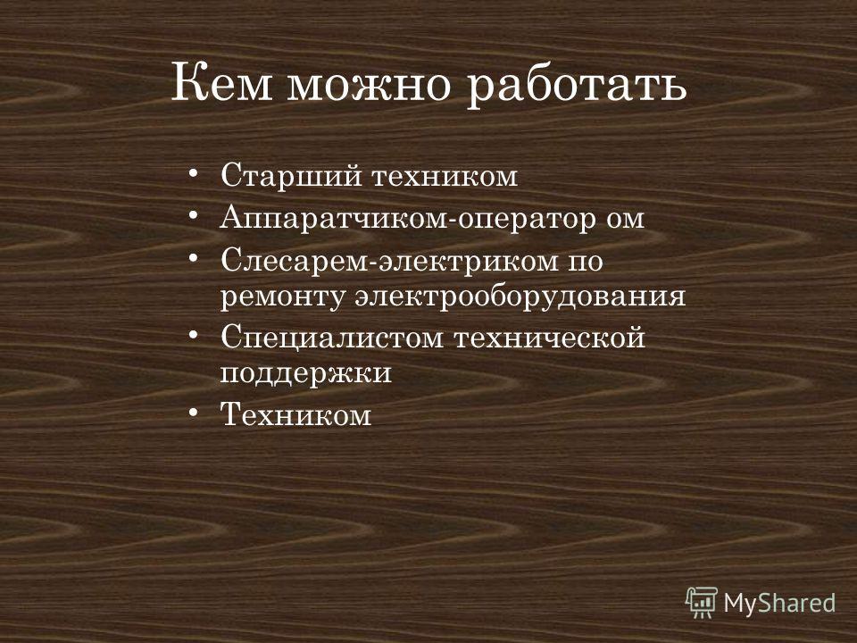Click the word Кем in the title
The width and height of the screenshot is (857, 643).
coord(221,82)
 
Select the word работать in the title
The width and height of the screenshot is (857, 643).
coord(576,88)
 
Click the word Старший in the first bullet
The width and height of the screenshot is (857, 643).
coord(291,176)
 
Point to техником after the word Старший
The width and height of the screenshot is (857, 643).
coord(445,177)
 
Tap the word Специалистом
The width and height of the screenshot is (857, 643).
coord(332,338)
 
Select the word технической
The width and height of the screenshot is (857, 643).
coord(550,338)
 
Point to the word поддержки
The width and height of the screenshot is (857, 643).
coord(306,373)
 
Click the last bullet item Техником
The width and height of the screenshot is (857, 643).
coord(295,414)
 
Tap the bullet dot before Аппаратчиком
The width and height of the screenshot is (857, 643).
coord(193,215)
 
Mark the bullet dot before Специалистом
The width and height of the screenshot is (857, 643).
coord(193,335)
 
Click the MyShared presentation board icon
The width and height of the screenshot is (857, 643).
coord(702,602)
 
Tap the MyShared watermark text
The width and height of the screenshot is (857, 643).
coord(779,604)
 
